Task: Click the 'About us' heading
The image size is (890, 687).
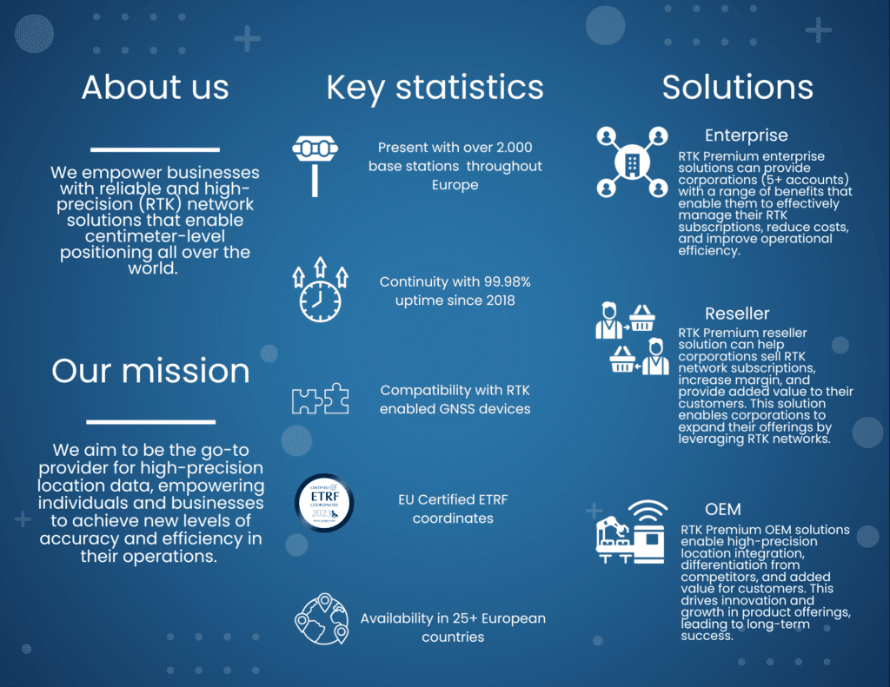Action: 155,88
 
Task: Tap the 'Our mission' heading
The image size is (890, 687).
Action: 150,371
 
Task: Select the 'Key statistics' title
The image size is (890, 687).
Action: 435,89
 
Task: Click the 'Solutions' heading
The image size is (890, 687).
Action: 737,88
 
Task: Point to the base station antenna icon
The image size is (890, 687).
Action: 315,166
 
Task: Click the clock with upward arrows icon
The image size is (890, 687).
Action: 320,290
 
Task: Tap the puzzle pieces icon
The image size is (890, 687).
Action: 320,399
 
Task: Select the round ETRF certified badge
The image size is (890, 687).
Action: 324,503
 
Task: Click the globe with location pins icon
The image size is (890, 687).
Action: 322,619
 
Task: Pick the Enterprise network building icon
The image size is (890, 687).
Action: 632,162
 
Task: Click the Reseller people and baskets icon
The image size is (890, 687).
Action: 633,339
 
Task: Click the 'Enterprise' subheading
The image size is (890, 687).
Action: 746,135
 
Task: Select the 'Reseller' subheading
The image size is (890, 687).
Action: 737,314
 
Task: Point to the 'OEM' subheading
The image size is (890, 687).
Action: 722,510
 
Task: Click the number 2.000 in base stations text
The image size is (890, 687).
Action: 515,148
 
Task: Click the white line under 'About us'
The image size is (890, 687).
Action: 155,149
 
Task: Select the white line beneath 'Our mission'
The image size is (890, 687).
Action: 151,422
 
